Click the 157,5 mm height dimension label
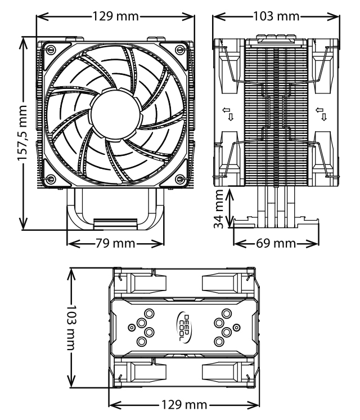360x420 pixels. (22, 133)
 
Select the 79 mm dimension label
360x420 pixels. (115, 243)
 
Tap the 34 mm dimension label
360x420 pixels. (219, 209)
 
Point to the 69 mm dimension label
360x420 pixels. (276, 243)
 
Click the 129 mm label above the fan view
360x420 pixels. (116, 16)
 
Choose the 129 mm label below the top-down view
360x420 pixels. (184, 404)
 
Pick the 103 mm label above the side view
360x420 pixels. (276, 16)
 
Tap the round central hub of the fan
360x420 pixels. (116, 114)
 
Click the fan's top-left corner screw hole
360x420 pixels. (50, 50)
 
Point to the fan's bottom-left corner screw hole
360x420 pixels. (50, 178)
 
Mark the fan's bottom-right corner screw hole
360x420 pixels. (181, 178)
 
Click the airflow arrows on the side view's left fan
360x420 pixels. (228, 114)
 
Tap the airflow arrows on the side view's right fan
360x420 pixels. (321, 114)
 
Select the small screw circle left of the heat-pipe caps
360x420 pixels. (132, 327)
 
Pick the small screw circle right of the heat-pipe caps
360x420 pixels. (237, 327)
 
